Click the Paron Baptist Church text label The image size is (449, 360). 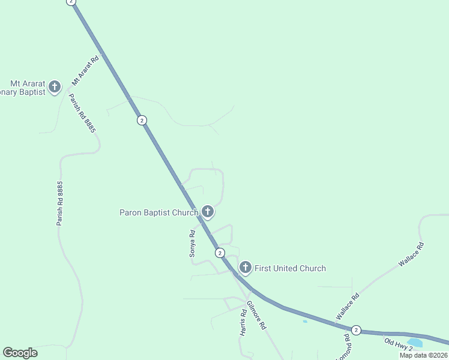158,212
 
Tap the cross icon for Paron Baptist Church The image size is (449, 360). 208,211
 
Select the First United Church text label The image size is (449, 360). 290,268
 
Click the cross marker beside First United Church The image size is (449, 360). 245,267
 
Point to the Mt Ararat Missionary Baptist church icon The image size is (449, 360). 55,87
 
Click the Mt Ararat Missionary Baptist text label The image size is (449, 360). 24,88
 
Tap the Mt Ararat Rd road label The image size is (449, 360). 85,71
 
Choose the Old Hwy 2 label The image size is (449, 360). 399,344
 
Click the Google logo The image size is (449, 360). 20,353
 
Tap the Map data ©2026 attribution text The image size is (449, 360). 424,355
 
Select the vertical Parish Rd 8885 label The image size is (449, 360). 59,204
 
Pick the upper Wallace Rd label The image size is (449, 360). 411,254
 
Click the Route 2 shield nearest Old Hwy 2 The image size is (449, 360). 356,330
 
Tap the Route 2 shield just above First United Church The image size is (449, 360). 220,253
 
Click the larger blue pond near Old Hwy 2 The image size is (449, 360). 415,343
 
